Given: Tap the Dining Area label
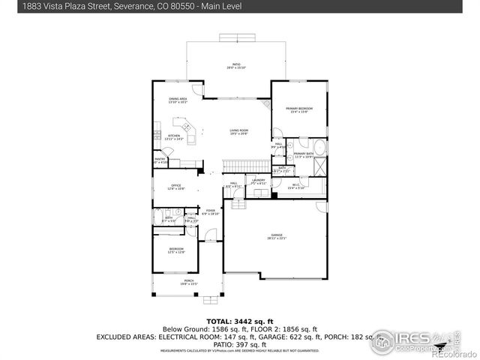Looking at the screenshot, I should (x=178, y=100).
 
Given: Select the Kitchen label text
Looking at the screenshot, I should (x=174, y=137).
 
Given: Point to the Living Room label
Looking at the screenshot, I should (x=238, y=132).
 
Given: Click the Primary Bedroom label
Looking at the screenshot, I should (x=298, y=110).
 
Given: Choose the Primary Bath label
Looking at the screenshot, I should (x=304, y=154).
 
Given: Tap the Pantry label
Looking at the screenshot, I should (x=160, y=160).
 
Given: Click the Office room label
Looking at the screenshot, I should (x=175, y=186).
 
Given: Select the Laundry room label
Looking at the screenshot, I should (x=259, y=181).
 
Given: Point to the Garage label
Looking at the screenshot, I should (x=275, y=236).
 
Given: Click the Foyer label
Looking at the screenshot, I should (x=211, y=212).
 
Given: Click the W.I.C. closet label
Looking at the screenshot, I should (x=295, y=186).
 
